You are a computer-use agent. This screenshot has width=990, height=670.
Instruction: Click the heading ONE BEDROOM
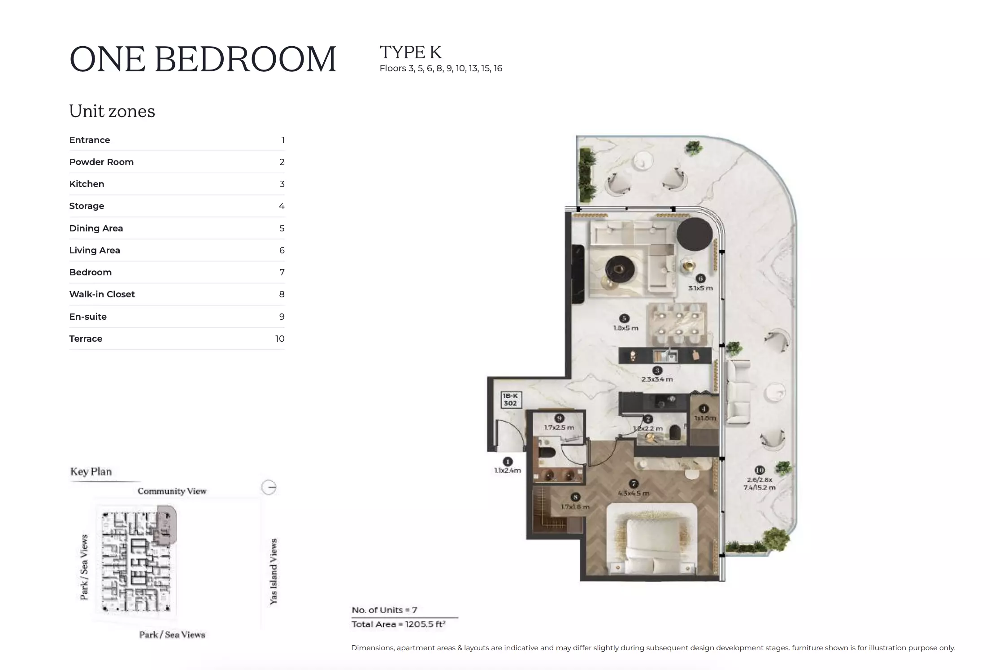203,59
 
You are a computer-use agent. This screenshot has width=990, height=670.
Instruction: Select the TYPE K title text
410,52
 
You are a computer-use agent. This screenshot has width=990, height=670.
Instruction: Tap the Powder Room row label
101,162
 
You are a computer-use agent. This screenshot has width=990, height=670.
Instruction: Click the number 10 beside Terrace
280,339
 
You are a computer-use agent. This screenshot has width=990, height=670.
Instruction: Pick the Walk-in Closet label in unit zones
102,294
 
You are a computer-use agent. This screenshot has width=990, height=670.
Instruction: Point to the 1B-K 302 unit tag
510,400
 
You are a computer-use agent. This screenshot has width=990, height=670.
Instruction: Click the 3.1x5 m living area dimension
700,288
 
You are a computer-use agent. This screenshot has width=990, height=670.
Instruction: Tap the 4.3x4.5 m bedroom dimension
633,493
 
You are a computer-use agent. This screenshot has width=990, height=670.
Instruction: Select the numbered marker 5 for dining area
624,318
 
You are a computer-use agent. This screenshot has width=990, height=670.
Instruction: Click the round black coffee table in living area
619,269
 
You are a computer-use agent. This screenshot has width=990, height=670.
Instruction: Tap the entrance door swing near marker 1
509,434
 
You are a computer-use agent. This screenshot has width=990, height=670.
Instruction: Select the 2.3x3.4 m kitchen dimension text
657,379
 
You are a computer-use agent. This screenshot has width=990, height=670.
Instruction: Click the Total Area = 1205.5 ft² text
398,624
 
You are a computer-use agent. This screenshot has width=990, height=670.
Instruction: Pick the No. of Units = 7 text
384,610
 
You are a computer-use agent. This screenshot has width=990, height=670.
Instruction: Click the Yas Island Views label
274,571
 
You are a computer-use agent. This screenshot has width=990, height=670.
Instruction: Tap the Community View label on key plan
172,491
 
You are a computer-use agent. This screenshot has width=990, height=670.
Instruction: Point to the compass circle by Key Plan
269,487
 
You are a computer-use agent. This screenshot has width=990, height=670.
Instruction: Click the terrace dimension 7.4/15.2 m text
759,487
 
